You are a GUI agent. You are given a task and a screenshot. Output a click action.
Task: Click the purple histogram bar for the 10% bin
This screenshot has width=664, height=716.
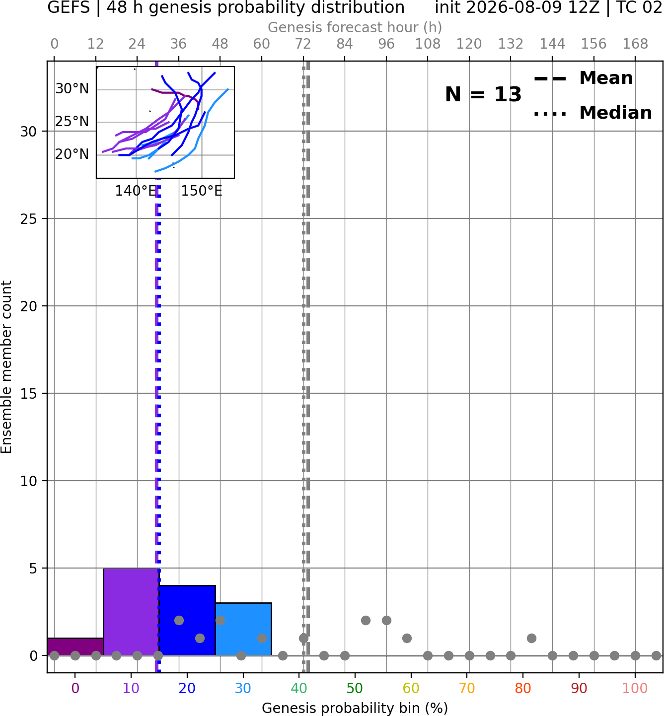131,612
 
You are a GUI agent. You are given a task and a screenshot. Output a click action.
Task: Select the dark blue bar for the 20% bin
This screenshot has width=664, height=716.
187,621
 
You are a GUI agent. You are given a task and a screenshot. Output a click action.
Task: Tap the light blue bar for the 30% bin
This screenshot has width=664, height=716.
243,629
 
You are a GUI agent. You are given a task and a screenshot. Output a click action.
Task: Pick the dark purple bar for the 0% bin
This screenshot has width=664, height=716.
75,647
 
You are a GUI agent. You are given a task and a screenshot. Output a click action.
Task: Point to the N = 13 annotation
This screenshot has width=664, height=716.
483,94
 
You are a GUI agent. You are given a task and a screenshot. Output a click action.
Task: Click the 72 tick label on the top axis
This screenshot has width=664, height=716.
303,44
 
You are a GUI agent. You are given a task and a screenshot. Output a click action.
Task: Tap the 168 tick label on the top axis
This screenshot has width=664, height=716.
635,44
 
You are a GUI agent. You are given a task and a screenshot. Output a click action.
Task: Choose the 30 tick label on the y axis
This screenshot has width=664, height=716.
29,132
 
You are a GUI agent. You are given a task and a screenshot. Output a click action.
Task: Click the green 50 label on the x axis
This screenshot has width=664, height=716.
355,688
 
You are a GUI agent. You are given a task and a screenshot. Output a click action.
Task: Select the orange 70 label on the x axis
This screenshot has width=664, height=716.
467,688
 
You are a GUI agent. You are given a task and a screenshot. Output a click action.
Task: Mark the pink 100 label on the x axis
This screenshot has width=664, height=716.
635,688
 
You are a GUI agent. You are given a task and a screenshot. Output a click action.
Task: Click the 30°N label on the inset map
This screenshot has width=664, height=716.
72,89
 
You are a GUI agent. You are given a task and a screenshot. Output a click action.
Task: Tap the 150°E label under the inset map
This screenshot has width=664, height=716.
202,191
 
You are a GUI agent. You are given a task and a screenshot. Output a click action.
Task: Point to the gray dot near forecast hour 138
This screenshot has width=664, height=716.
531,638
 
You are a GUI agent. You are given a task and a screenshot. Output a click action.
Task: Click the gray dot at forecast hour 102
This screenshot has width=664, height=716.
407,638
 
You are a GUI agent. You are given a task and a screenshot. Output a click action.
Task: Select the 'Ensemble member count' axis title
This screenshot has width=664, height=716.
6,367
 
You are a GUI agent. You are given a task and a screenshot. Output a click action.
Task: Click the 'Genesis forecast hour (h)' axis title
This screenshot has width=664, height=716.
355,27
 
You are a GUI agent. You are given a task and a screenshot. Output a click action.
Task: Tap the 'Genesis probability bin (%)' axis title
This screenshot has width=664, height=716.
355,708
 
